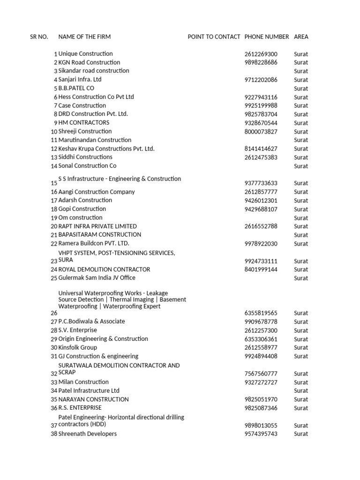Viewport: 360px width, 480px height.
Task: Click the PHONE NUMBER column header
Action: [x=267, y=37]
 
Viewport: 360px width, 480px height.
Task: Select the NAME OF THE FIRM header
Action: [x=84, y=37]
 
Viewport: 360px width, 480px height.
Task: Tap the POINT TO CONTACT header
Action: [x=214, y=37]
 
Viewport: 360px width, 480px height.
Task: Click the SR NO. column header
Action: [x=39, y=37]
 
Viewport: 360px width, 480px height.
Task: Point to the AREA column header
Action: [x=301, y=37]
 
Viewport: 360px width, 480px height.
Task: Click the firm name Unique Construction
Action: [x=85, y=54]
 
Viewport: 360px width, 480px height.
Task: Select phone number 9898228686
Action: [x=261, y=62]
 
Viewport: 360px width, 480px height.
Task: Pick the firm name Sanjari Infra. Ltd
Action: [x=80, y=80]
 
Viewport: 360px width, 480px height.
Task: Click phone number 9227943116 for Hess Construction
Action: [x=261, y=97]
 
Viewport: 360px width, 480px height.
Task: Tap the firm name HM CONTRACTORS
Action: [x=84, y=123]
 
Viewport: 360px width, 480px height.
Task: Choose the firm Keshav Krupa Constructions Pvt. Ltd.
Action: [x=106, y=149]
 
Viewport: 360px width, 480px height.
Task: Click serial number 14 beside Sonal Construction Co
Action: [x=54, y=166]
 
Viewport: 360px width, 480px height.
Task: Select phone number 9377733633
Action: [x=261, y=183]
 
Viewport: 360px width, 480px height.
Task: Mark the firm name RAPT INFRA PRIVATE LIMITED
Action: [x=97, y=226]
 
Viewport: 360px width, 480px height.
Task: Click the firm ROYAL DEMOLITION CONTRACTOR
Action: [x=104, y=270]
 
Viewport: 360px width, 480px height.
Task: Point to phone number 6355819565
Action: [x=261, y=313]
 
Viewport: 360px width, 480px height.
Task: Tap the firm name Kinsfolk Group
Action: [x=78, y=347]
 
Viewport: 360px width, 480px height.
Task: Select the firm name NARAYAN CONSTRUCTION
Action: [x=93, y=399]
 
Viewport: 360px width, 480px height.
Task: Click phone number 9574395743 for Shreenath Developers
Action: [x=261, y=434]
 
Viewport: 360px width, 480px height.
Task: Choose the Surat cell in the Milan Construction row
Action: [x=301, y=382]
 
